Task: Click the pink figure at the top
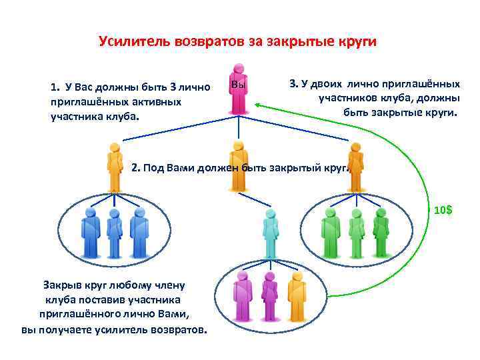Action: pyautogui.click(x=238, y=90)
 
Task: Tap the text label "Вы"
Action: pyautogui.click(x=239, y=85)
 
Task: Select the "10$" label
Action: pyautogui.click(x=443, y=210)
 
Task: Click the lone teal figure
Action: pyautogui.click(x=269, y=233)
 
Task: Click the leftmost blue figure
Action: pyautogui.click(x=90, y=233)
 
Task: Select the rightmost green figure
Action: pyautogui.click(x=381, y=233)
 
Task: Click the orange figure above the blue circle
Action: pyautogui.click(x=115, y=167)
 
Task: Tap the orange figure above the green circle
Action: pyautogui.click(x=355, y=167)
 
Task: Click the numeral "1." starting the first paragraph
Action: pyautogui.click(x=54, y=87)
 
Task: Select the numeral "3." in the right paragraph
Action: pyautogui.click(x=293, y=84)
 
